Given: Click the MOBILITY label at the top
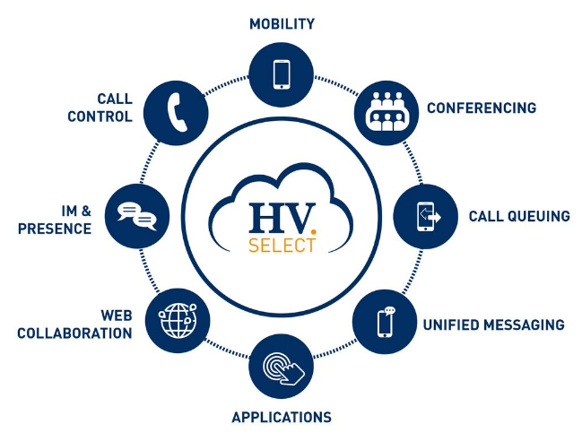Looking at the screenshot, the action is [x=282, y=24].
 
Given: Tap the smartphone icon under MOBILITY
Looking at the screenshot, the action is [x=282, y=74].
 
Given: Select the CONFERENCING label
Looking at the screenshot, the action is [x=482, y=108].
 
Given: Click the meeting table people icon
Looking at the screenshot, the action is [x=387, y=112].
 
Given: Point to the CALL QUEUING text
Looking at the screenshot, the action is [x=519, y=216].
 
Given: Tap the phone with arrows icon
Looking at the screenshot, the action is [x=428, y=217].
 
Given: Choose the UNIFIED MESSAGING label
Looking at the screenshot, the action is [x=493, y=324].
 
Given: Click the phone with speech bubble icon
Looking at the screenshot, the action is [x=386, y=322].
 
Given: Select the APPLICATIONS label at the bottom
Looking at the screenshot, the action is [x=282, y=418].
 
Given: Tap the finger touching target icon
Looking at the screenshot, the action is [x=283, y=367].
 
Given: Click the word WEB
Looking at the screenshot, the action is [x=117, y=316].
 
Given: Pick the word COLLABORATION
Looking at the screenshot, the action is [x=74, y=333].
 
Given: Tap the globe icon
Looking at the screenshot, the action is [x=178, y=321].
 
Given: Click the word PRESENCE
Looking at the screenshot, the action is [x=55, y=229].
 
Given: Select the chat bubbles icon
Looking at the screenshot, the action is [x=137, y=217].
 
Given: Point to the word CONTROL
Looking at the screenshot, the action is [x=100, y=117].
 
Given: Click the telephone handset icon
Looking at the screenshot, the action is [x=177, y=112].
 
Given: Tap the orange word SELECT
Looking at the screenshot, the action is [x=282, y=246].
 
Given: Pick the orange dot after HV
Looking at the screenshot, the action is [x=314, y=232].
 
